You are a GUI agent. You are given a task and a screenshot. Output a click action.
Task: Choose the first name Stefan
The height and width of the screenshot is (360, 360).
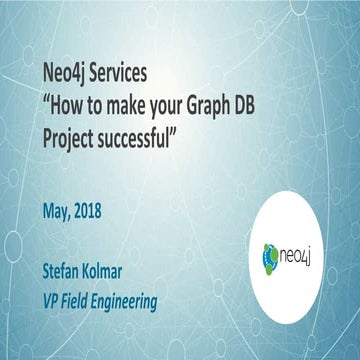66,270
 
